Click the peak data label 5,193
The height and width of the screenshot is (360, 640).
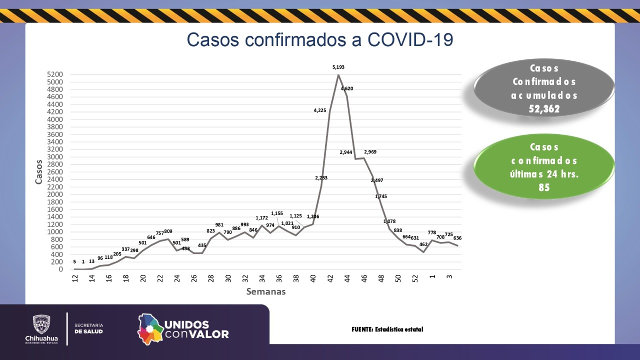338,66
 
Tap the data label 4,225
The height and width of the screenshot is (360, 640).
320,110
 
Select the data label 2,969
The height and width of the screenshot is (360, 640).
370,151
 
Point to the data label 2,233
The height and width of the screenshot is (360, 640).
321,177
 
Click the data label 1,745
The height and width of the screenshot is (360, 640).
380,196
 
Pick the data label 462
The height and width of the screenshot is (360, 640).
423,244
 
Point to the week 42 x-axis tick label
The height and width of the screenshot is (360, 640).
330,278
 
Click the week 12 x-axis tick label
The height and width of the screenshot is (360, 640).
75,278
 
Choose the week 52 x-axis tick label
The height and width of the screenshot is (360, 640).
415,278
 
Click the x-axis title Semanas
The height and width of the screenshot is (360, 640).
265,291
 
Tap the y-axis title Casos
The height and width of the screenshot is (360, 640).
39,171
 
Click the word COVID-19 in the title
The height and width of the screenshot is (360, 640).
410,40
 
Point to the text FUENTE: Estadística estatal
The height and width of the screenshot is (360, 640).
387,329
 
